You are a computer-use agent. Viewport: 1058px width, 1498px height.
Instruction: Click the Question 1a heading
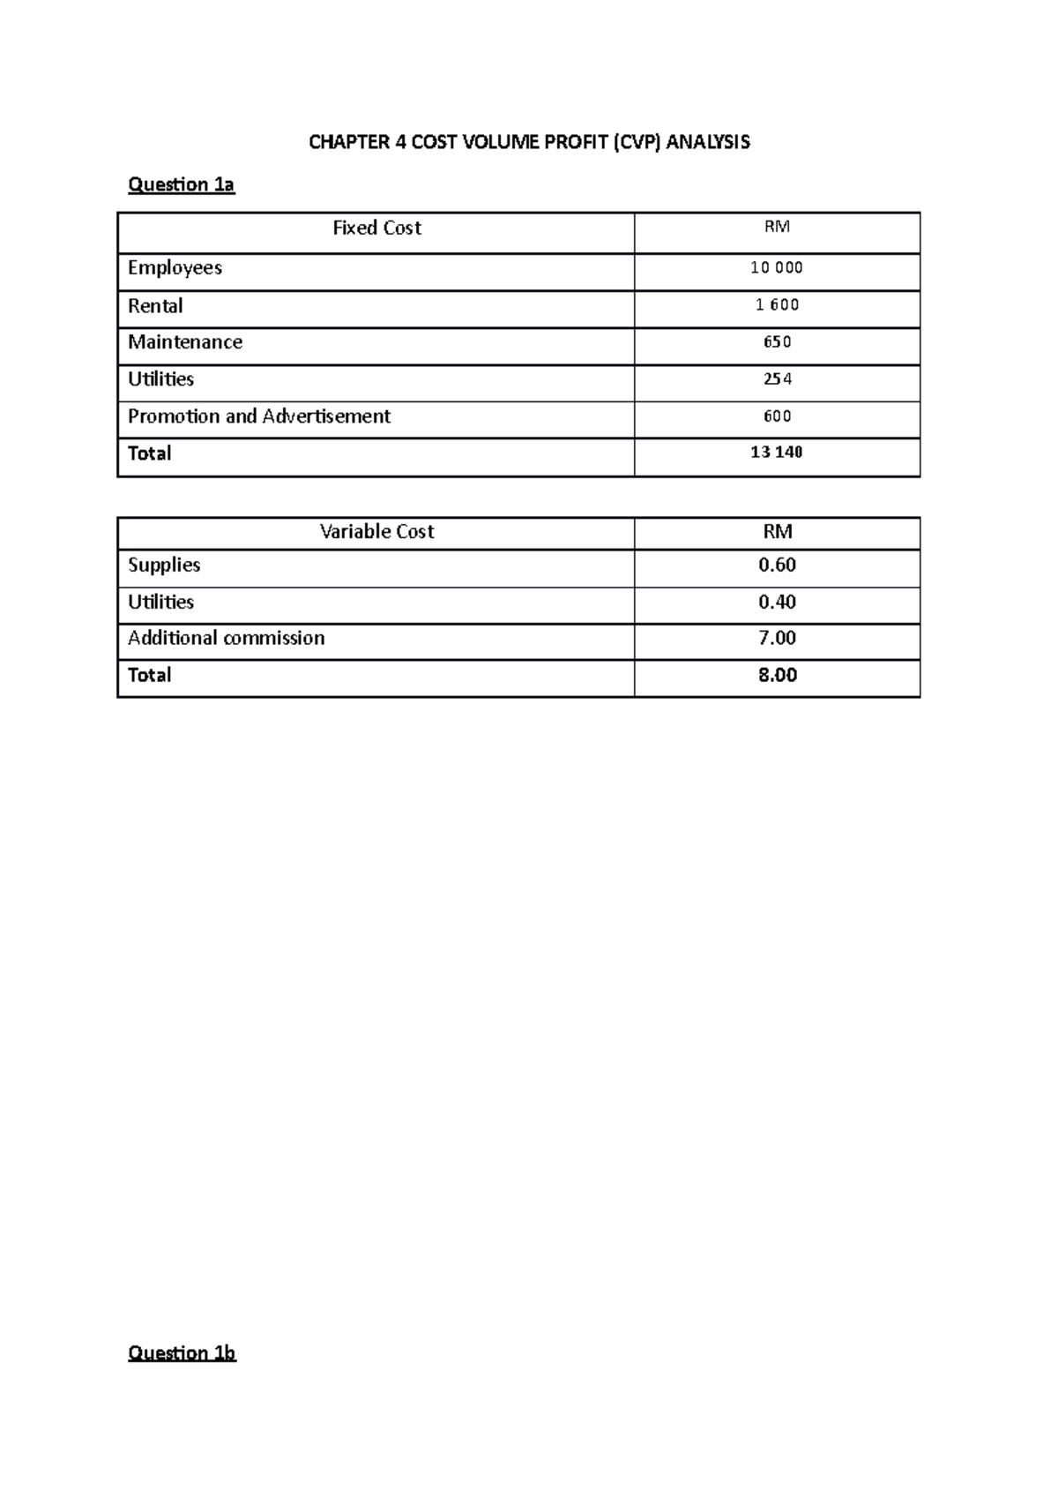tap(181, 184)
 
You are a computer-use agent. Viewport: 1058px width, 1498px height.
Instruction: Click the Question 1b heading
tap(182, 1352)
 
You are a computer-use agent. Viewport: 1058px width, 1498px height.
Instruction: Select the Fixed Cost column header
tap(376, 228)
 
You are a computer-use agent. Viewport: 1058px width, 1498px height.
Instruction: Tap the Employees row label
tap(175, 267)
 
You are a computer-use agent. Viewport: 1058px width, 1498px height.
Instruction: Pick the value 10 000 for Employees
tap(776, 267)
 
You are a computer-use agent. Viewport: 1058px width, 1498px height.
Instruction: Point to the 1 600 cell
tap(776, 305)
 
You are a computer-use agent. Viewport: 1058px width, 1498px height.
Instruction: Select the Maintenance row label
tap(185, 342)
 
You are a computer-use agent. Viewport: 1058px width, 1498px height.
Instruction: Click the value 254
tap(777, 379)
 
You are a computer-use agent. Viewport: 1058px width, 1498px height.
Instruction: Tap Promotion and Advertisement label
tap(259, 416)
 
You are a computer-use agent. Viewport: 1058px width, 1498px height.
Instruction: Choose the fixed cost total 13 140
tap(776, 453)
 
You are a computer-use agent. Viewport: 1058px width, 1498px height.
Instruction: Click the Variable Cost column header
tap(376, 531)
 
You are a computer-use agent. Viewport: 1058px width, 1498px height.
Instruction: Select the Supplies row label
tap(164, 565)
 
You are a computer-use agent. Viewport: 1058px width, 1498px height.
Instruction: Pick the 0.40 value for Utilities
tap(777, 602)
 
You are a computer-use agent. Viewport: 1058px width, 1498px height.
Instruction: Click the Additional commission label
tap(226, 638)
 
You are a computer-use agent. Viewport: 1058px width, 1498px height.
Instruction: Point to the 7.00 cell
tap(777, 638)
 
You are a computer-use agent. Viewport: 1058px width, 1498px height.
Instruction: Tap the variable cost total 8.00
tap(777, 675)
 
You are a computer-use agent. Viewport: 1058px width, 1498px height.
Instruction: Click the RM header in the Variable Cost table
tap(777, 531)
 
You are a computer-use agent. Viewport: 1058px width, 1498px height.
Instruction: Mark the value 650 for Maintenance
tap(777, 342)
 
